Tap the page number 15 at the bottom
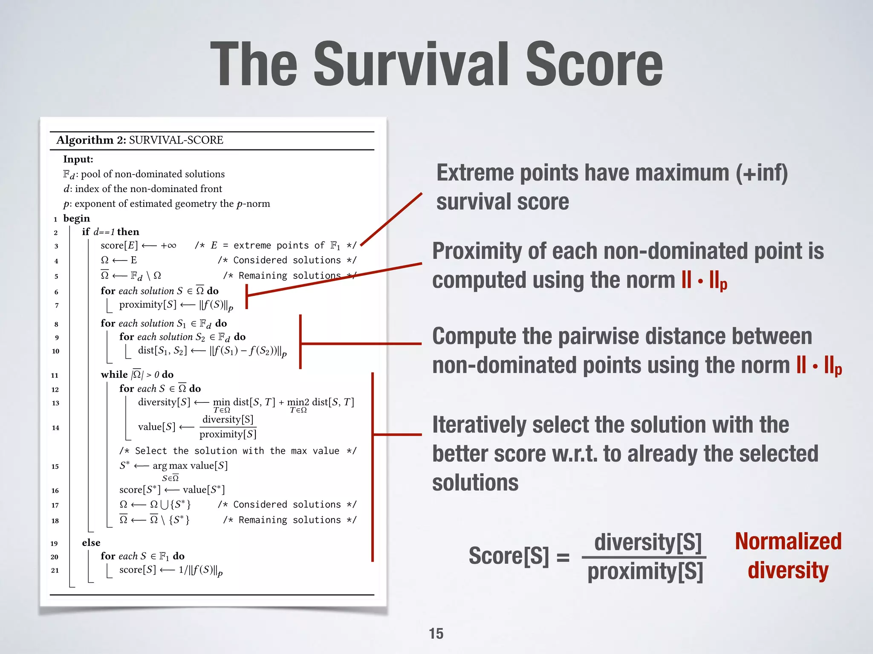(436, 634)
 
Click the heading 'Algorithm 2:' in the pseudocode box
(91, 140)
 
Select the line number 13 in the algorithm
(55, 403)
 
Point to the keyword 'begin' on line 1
(77, 218)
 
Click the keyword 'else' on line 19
(91, 542)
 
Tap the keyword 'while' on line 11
(114, 374)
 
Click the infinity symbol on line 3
(171, 246)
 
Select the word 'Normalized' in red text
(788, 542)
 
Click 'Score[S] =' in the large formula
(519, 556)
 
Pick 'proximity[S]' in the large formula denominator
(645, 572)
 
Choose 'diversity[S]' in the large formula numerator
(648, 542)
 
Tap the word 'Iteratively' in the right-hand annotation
(479, 425)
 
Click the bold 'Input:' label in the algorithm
(78, 159)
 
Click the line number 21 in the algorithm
(55, 571)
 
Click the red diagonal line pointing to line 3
(391, 219)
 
